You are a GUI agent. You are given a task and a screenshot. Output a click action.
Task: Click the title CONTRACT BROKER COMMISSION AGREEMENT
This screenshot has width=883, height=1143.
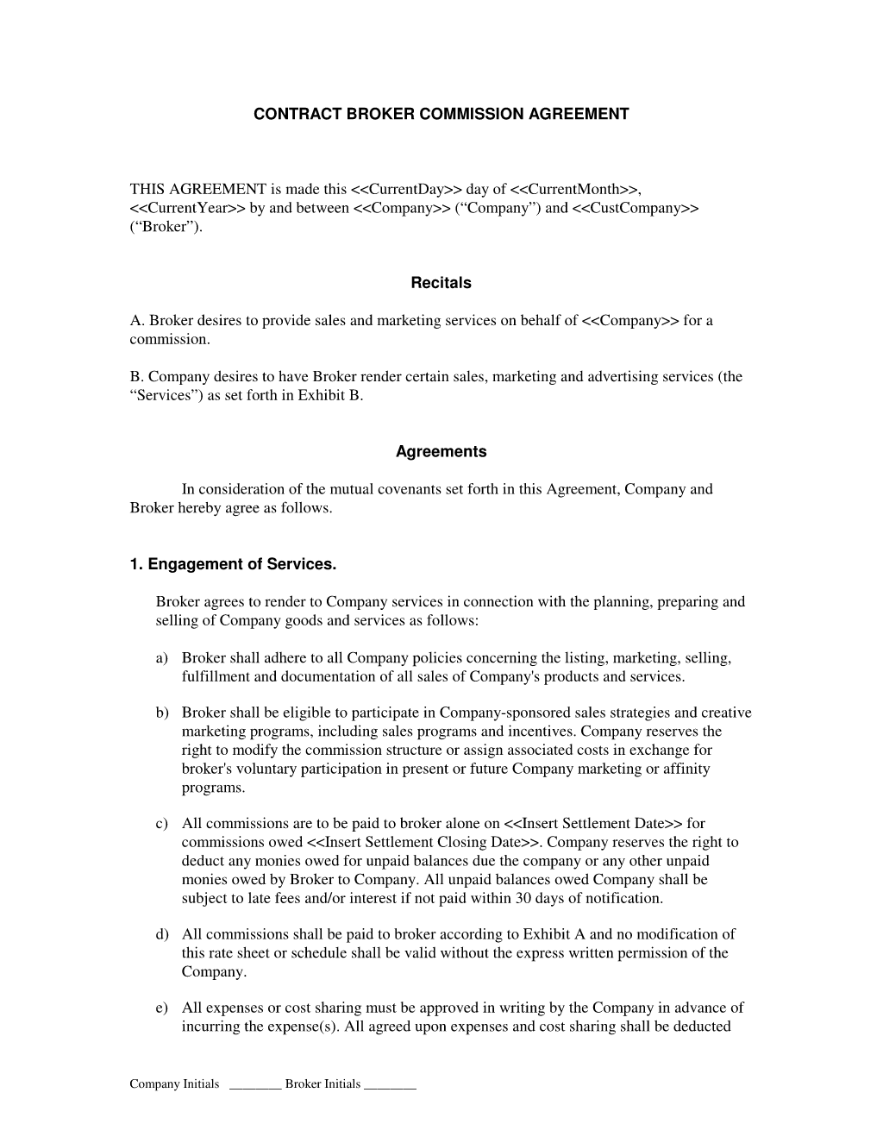point(441,114)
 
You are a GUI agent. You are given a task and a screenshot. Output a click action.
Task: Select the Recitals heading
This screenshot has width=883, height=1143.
point(441,283)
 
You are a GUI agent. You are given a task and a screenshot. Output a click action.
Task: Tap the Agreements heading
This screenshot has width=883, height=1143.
point(441,452)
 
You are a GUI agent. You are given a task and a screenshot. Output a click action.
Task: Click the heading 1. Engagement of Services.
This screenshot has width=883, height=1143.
point(233,565)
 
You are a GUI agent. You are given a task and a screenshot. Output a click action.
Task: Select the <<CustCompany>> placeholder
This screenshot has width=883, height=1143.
point(635,209)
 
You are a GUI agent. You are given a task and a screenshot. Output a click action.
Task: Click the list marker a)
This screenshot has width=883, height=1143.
point(162,658)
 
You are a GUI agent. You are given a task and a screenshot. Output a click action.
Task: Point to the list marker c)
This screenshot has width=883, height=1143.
point(162,824)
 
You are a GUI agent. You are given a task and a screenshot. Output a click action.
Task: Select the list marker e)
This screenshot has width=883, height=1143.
point(162,1008)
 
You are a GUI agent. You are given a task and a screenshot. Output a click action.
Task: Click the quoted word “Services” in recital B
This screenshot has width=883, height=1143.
point(166,396)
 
